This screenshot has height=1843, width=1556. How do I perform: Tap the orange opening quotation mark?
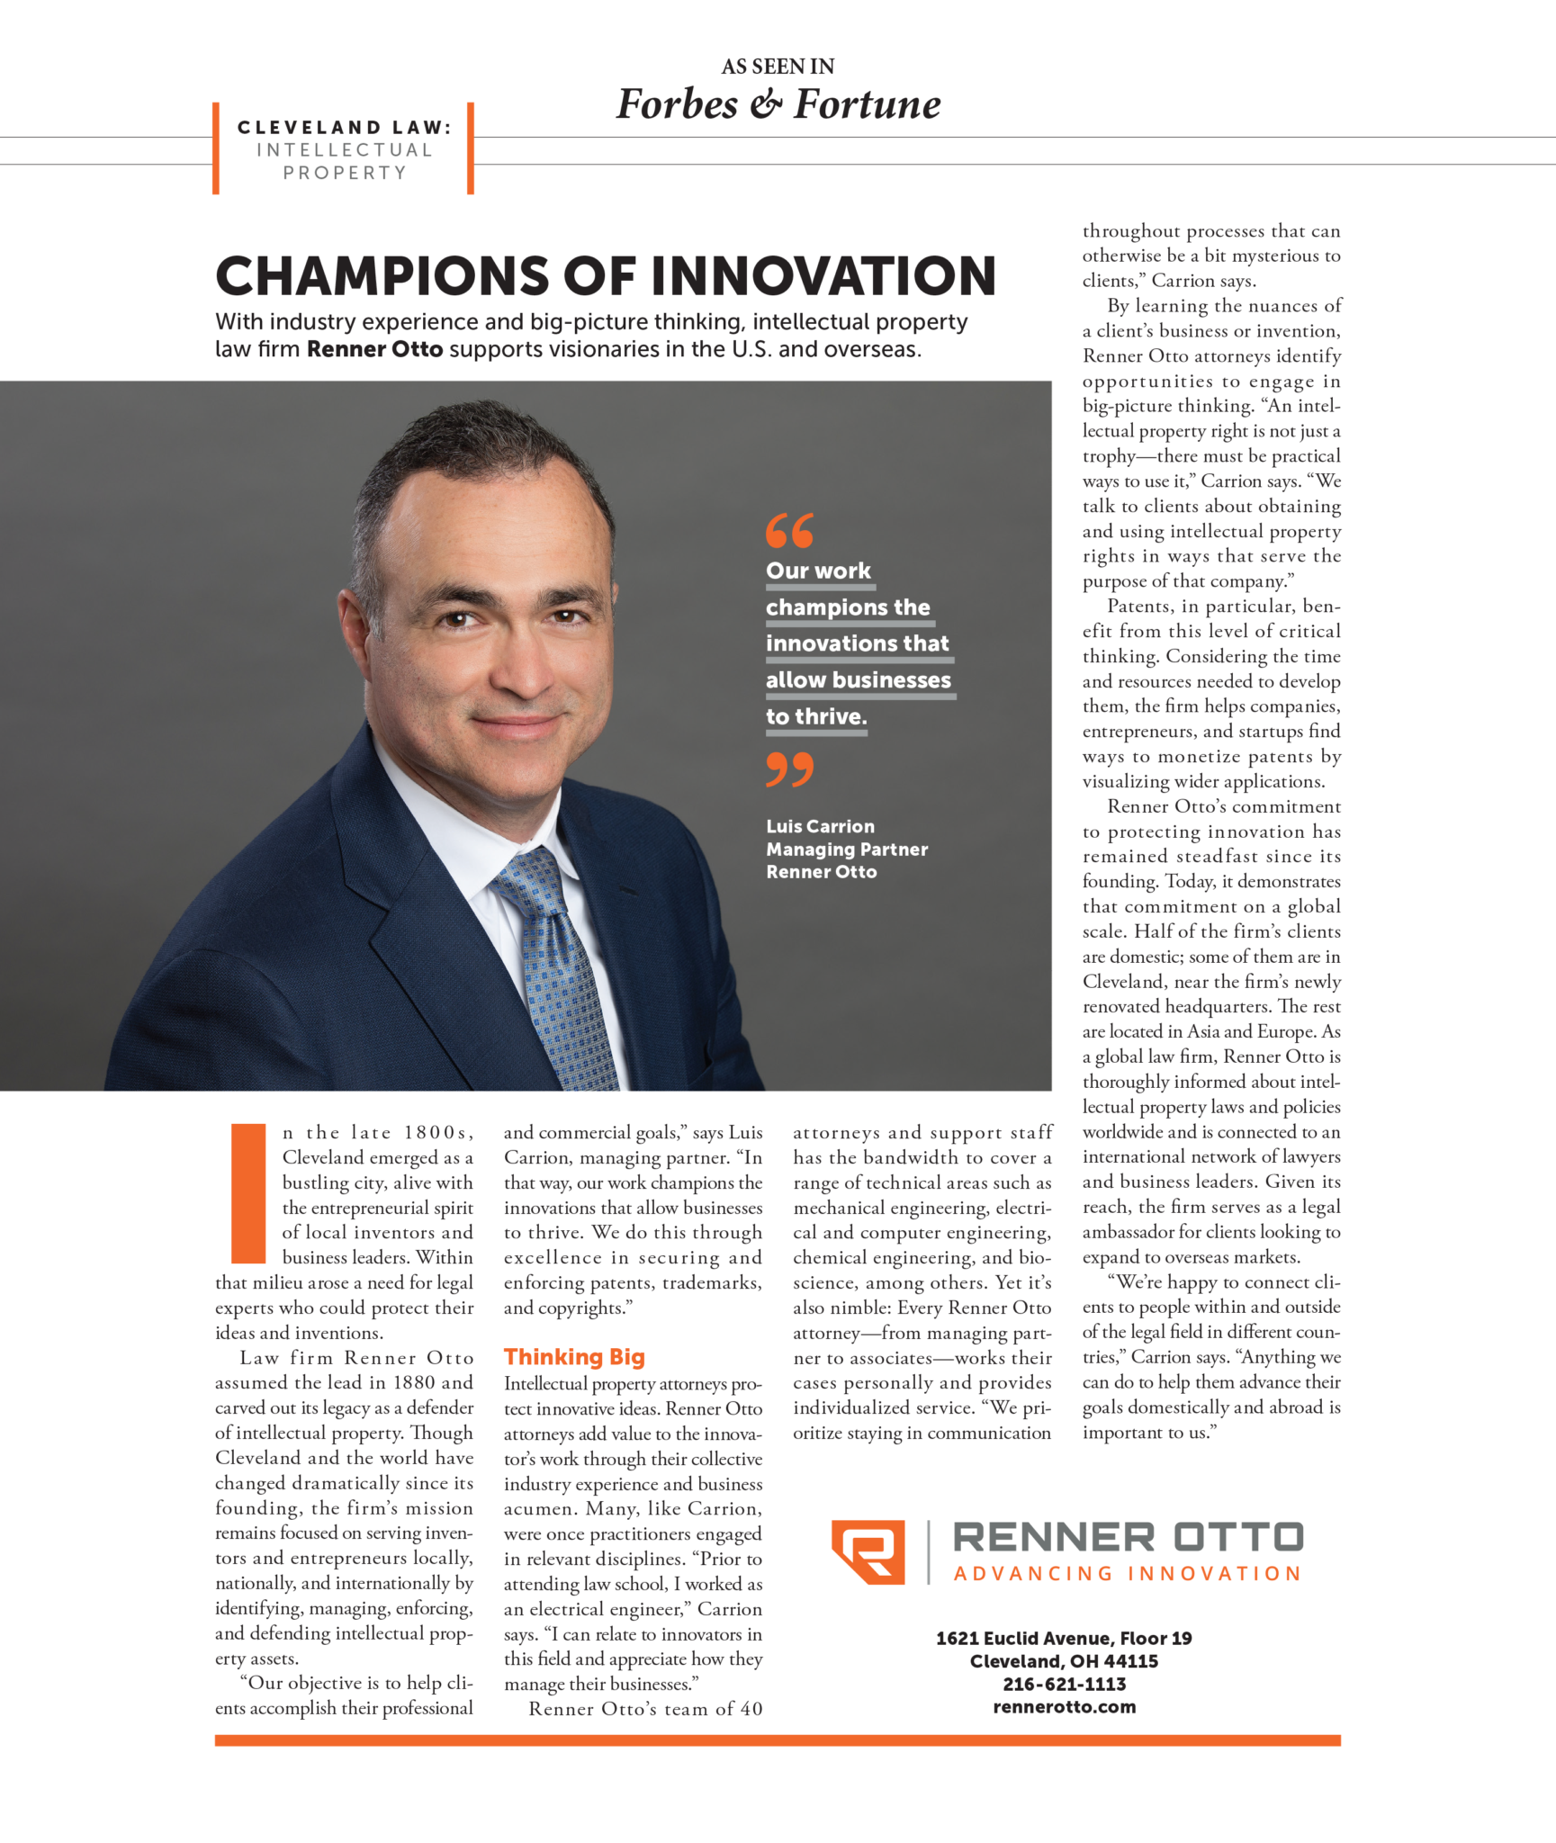789,530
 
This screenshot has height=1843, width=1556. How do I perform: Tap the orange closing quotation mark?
789,769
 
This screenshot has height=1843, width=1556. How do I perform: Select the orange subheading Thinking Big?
574,1356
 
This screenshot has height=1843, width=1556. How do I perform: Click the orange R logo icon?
868,1551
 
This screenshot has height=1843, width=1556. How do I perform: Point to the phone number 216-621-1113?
1064,1684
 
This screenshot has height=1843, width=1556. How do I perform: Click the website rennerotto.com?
1064,1707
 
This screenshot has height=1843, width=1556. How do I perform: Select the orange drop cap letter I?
248,1193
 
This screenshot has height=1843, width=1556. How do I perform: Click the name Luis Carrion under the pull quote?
820,826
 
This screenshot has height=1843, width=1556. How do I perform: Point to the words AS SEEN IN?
778,67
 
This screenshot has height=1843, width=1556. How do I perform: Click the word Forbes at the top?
677,104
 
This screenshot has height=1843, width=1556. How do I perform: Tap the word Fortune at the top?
867,104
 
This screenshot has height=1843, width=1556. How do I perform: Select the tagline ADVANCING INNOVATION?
1127,1574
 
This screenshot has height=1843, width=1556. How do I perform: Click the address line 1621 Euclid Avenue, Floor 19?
1064,1638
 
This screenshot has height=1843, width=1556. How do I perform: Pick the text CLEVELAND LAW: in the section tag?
344,128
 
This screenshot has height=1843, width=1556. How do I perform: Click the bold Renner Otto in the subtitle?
374,349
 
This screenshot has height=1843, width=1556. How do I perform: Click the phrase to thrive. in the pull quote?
816,716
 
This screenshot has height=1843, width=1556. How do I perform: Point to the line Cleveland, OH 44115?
1064,1661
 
